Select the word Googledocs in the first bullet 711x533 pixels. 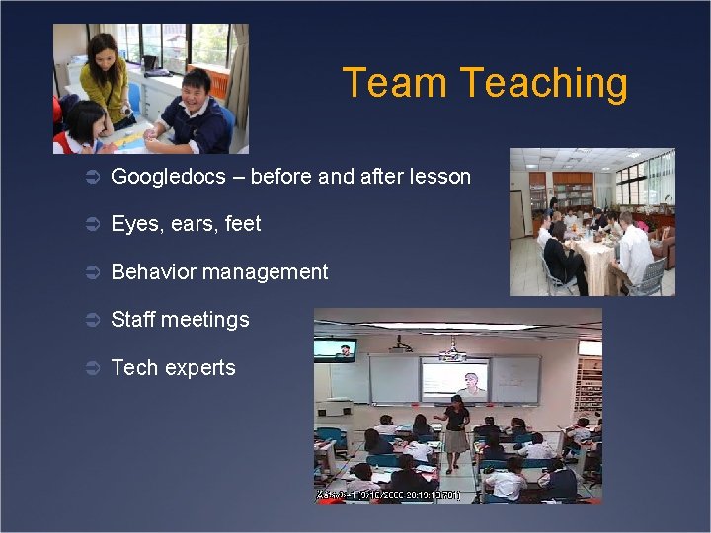pos(168,178)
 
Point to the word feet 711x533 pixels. pos(243,224)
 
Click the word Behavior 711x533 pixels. pos(153,272)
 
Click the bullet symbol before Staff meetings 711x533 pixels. pos(89,320)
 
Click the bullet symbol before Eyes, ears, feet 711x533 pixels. pos(89,224)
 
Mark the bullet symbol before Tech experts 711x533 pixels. pos(89,368)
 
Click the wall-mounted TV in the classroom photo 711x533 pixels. pos(335,349)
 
